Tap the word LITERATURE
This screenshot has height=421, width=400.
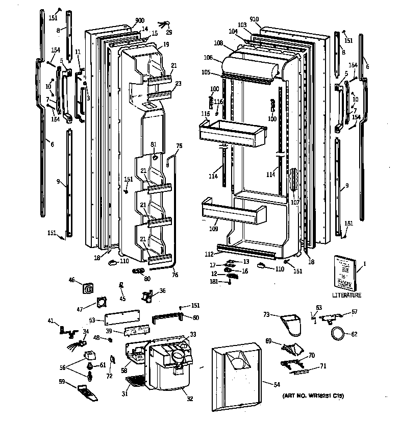(346, 295)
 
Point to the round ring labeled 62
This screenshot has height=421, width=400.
(337, 334)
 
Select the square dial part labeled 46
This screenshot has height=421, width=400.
(89, 289)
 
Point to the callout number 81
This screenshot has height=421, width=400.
(153, 145)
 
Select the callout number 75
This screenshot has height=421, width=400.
(179, 146)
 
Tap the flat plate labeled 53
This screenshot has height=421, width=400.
(123, 319)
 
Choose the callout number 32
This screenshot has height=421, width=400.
(189, 399)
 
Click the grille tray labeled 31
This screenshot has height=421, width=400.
(135, 381)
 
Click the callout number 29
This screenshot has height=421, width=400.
(168, 32)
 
